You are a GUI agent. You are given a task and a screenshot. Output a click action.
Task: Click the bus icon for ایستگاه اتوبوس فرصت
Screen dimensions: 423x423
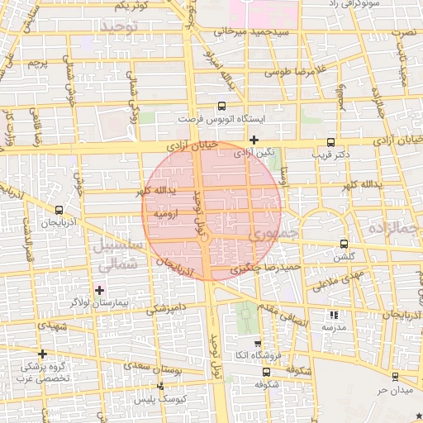pyautogui.click(x=221, y=107)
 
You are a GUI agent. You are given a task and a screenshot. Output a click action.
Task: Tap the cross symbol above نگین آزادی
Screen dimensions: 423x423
pyautogui.click(x=254, y=139)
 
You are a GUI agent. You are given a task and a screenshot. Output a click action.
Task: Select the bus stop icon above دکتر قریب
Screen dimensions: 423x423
pyautogui.click(x=331, y=141)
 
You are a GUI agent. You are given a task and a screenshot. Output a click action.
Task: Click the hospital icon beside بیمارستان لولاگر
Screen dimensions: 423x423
pyautogui.click(x=100, y=290)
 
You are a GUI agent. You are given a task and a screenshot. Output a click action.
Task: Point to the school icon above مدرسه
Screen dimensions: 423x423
pyautogui.click(x=334, y=314)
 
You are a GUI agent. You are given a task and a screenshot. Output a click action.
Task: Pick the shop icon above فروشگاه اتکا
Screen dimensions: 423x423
pyautogui.click(x=257, y=344)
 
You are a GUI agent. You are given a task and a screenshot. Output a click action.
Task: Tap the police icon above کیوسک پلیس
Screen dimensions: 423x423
pyautogui.click(x=160, y=386)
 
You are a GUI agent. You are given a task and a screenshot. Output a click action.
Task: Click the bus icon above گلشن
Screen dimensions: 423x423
pyautogui.click(x=345, y=244)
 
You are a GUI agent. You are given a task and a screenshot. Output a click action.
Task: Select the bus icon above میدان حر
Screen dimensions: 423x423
pyautogui.click(x=394, y=376)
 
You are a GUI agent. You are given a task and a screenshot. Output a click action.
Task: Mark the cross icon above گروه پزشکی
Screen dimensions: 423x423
pyautogui.click(x=42, y=354)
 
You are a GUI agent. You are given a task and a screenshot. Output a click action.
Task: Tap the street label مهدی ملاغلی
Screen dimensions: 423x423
pyautogui.click(x=339, y=282)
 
